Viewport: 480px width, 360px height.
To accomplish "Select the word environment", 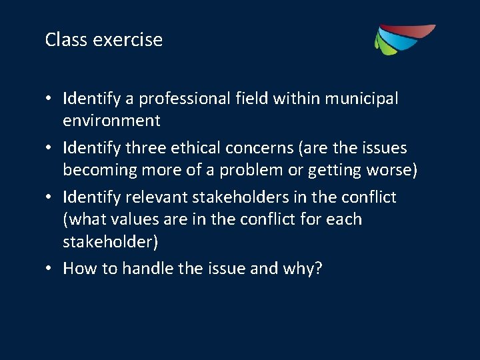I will tap(111, 121).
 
